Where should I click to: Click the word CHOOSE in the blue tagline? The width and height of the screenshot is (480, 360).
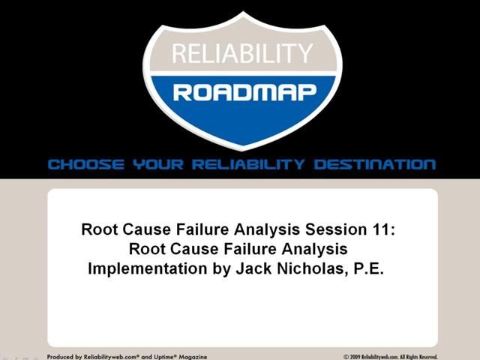[x=80, y=164]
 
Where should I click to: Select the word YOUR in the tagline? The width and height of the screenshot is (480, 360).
[x=153, y=164]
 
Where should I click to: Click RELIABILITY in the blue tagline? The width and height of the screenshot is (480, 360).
[x=251, y=164]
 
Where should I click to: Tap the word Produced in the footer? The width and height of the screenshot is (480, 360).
[x=60, y=357]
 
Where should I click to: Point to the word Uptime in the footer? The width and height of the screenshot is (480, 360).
[x=153, y=357]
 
